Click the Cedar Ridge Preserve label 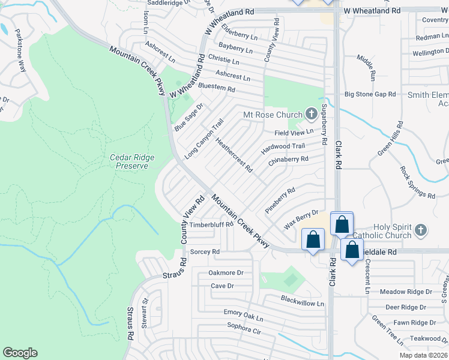pyautogui.click(x=132, y=161)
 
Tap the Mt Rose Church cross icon pyautogui.click(x=311, y=113)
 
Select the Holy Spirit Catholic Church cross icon pyautogui.click(x=421, y=230)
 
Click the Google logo pyautogui.click(x=20, y=353)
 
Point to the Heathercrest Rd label pyautogui.click(x=234, y=155)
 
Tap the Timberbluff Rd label pyautogui.click(x=211, y=225)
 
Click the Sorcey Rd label pyautogui.click(x=204, y=252)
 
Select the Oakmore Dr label pyautogui.click(x=226, y=272)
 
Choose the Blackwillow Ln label pyautogui.click(x=303, y=301)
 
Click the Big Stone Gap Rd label pyautogui.click(x=370, y=94)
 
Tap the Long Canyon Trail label pyautogui.click(x=204, y=139)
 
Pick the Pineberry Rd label pyautogui.click(x=280, y=200)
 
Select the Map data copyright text pyautogui.click(x=424, y=355)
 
